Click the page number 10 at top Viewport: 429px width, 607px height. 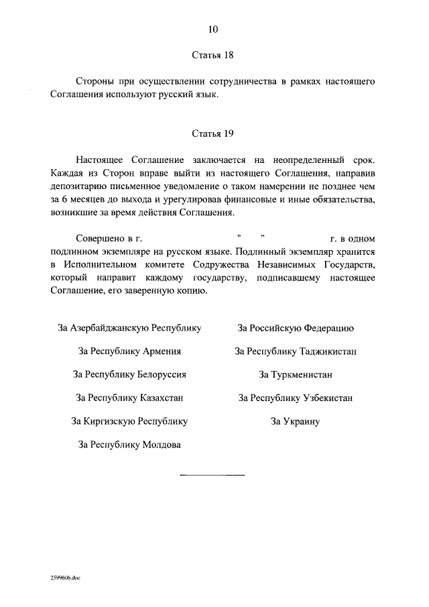click(213, 30)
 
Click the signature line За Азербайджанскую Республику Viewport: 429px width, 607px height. click(129, 328)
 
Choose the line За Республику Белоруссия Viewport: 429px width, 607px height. click(129, 374)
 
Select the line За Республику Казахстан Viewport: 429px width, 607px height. click(129, 398)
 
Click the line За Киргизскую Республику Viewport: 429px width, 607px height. click(129, 421)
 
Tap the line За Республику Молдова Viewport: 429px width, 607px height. click(129, 444)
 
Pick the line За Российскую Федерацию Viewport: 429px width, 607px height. click(296, 328)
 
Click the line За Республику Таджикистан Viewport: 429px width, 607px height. click(296, 351)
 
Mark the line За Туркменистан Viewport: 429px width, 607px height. click(296, 374)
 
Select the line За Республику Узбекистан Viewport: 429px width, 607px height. click(296, 398)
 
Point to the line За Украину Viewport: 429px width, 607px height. click(296, 421)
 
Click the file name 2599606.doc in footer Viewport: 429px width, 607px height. click(64, 577)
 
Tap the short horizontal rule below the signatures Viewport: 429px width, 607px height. click(212, 474)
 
